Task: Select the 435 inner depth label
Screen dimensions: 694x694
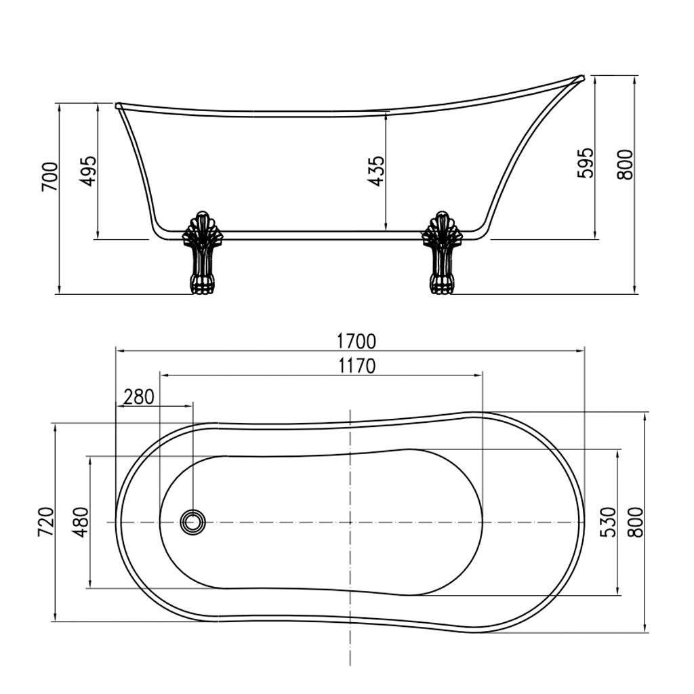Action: tap(377, 171)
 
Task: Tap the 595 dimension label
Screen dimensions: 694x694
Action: tap(586, 163)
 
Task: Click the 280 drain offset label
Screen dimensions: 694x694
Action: tap(140, 396)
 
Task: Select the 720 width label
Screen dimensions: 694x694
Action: tap(45, 522)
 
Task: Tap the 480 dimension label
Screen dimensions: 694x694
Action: tap(80, 522)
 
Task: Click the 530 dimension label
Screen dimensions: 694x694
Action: tap(608, 522)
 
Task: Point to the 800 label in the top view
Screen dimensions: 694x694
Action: tap(634, 522)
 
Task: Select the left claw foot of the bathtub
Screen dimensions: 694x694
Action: tap(203, 253)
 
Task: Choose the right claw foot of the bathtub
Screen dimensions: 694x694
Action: tap(442, 253)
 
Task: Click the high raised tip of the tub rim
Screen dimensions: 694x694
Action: tap(581, 78)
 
